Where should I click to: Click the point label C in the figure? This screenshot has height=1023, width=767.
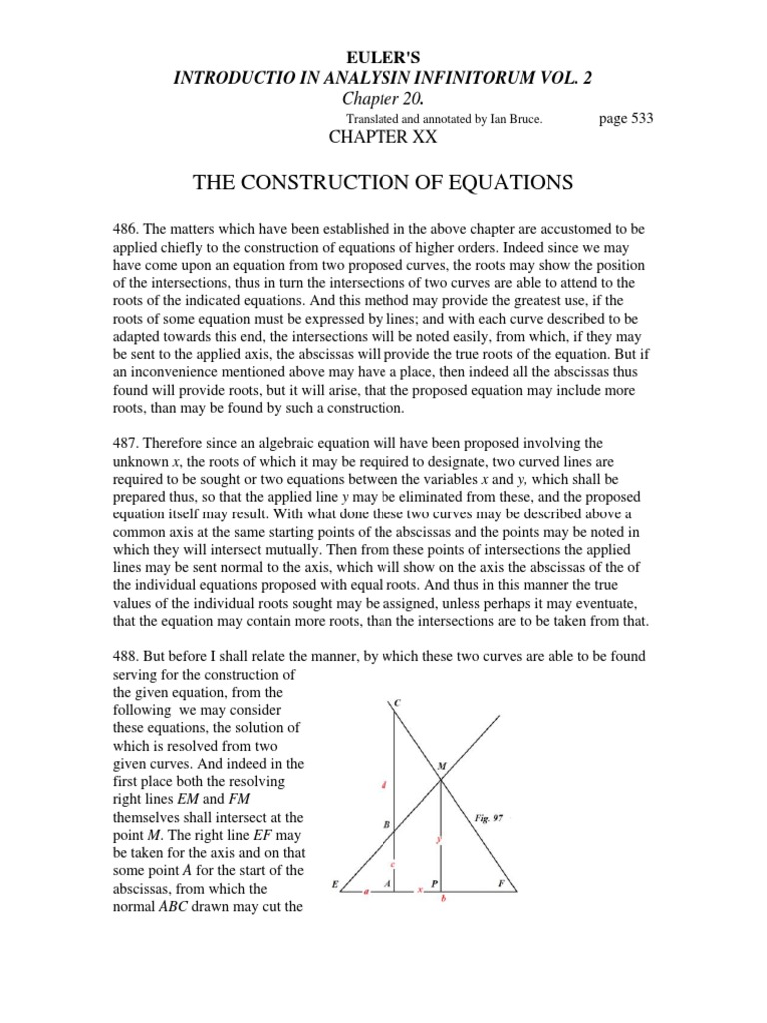(x=398, y=704)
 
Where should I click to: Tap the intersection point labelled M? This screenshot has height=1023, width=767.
(x=441, y=767)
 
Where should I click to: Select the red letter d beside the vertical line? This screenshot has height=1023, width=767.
(x=384, y=785)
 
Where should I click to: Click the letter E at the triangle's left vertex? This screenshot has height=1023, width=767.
(x=335, y=884)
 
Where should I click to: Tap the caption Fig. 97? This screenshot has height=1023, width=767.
(x=489, y=817)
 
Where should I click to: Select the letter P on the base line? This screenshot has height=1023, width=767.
(x=435, y=884)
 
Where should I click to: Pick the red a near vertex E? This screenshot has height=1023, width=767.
(x=365, y=892)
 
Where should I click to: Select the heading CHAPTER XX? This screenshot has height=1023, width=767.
(x=383, y=137)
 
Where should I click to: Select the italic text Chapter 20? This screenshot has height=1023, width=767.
(x=383, y=98)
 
